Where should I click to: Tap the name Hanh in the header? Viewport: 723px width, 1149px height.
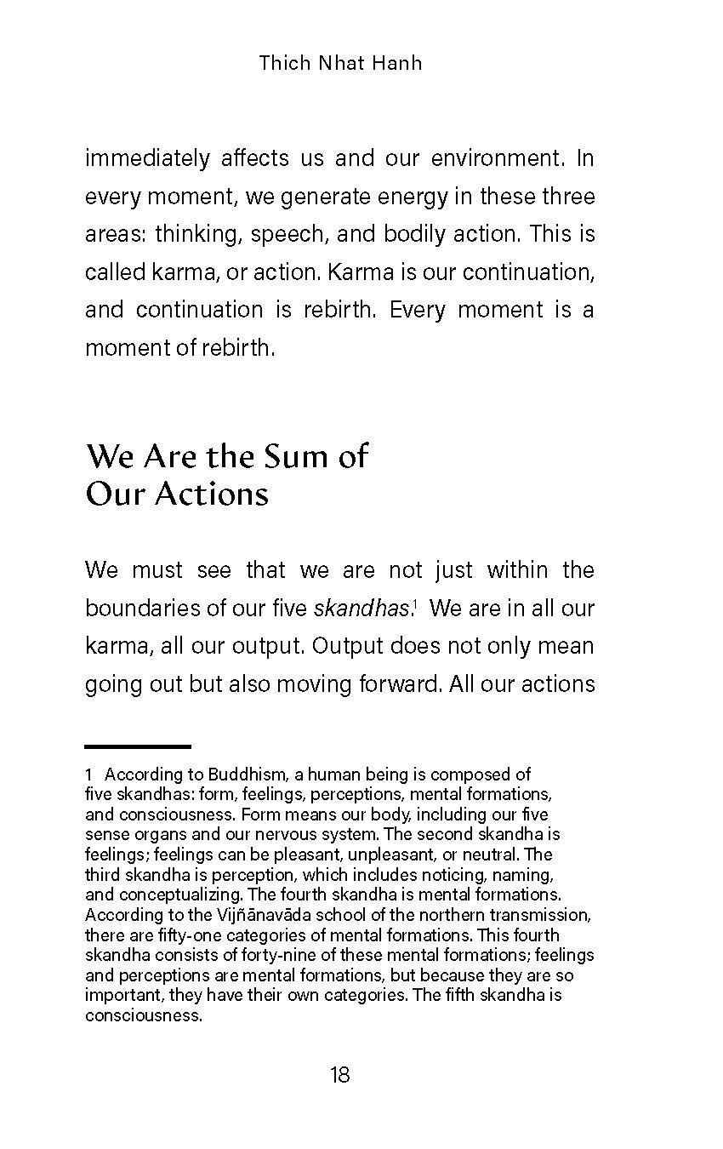coord(396,63)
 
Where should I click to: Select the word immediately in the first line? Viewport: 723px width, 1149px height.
coord(147,159)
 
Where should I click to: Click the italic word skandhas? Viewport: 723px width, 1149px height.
coord(361,609)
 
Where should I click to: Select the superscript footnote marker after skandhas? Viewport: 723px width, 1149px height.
coord(413,603)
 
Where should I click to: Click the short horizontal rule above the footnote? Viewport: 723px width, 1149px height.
coord(138,746)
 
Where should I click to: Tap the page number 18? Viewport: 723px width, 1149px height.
coord(339,1075)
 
